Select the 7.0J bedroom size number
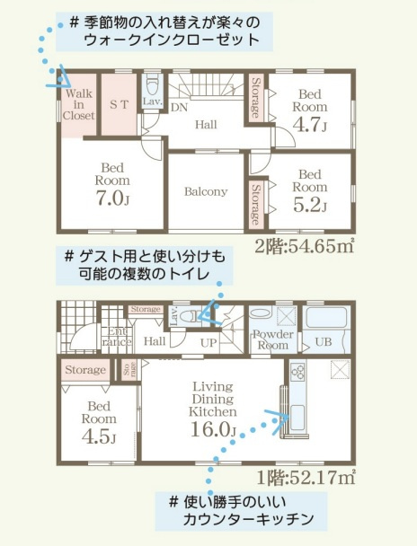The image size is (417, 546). [111, 198]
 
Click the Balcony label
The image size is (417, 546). [206, 191]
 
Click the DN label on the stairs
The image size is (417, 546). [179, 106]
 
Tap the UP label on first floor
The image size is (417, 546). [206, 342]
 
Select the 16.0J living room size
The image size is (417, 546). [213, 429]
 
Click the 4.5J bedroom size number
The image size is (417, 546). [100, 437]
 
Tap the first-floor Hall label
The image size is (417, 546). [154, 341]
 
